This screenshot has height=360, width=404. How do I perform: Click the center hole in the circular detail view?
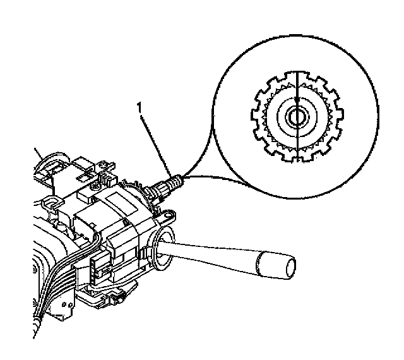[295, 116]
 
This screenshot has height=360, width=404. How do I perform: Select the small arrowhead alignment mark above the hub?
[295, 100]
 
